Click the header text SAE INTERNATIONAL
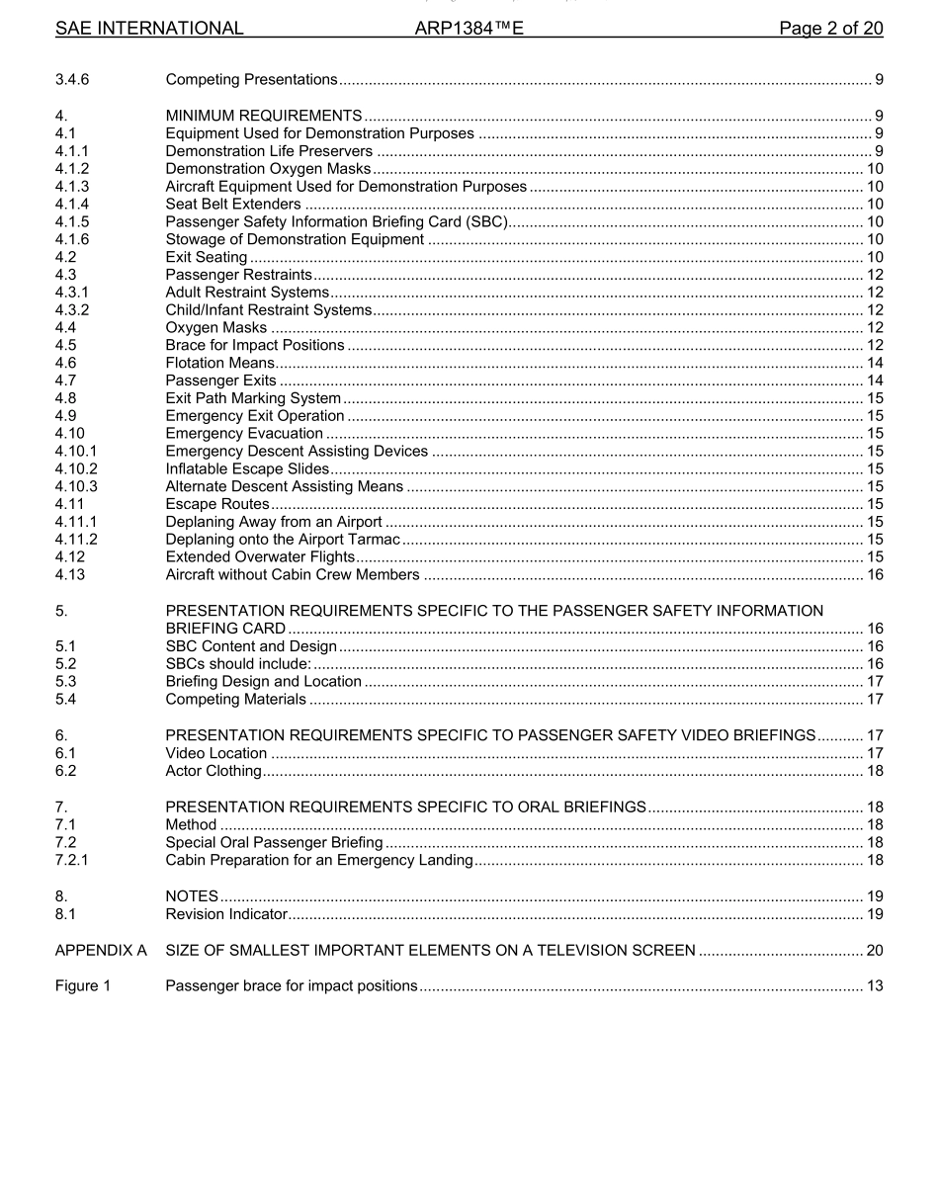(x=149, y=29)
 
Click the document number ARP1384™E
(x=469, y=29)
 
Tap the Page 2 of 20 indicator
(x=830, y=29)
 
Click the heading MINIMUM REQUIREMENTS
(x=264, y=116)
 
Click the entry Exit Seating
(x=207, y=258)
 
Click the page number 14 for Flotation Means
(x=874, y=364)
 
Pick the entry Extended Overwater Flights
(x=246, y=557)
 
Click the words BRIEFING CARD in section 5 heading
(x=225, y=629)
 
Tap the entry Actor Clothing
(x=213, y=771)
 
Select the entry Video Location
(x=216, y=753)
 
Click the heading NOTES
(x=192, y=896)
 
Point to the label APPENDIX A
(x=101, y=951)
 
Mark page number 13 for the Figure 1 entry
(x=874, y=986)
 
